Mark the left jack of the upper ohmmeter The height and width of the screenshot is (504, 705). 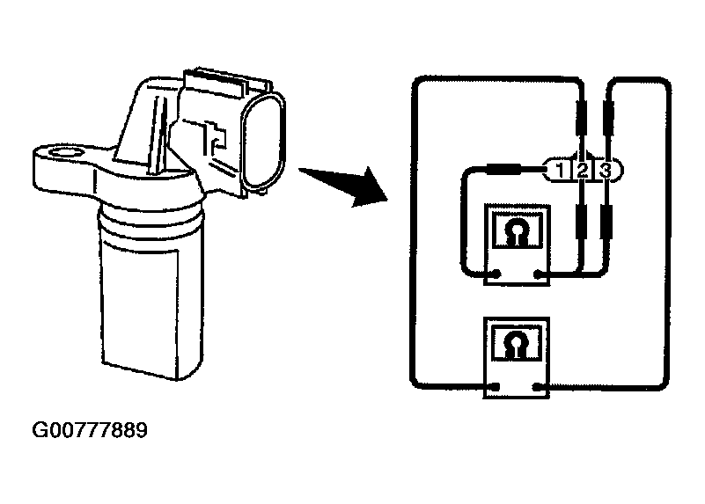[499, 275]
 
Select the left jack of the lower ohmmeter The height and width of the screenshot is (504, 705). [499, 386]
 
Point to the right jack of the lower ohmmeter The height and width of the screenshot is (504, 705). [538, 386]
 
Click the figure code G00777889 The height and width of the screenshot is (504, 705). [90, 431]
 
